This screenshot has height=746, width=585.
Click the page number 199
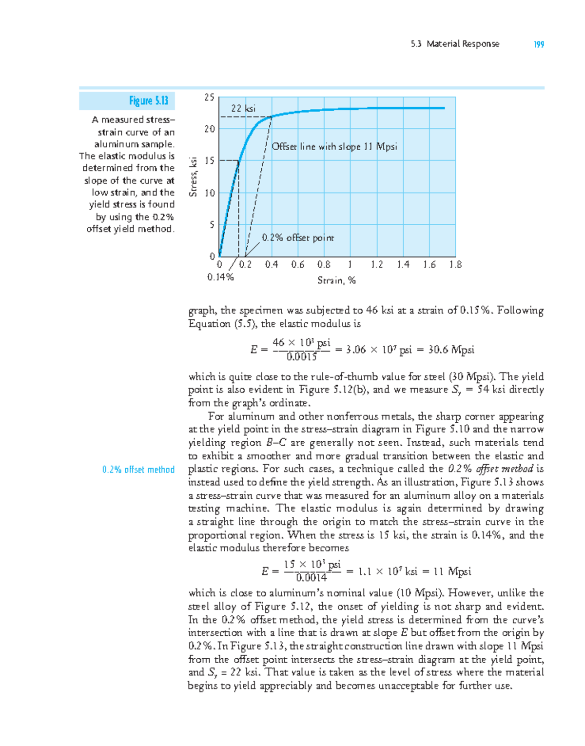(x=539, y=44)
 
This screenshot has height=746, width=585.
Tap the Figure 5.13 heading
(x=148, y=101)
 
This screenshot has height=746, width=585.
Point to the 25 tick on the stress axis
(x=209, y=98)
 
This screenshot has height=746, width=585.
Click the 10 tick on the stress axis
(x=209, y=193)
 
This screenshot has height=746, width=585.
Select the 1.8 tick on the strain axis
(x=455, y=265)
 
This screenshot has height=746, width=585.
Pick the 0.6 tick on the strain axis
(x=297, y=265)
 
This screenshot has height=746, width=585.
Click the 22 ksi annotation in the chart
(x=243, y=109)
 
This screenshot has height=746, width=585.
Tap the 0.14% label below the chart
(x=220, y=277)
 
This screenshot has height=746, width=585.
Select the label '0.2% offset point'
(x=297, y=238)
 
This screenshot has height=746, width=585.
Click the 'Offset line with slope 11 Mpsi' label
(x=334, y=147)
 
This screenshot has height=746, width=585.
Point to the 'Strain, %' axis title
(x=336, y=280)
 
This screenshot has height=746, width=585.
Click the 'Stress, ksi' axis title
(x=194, y=177)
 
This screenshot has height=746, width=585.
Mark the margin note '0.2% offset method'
(x=138, y=470)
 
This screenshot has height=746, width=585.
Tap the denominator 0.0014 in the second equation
(x=312, y=578)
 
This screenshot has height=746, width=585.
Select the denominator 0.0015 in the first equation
(x=302, y=356)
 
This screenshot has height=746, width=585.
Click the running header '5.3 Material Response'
(x=455, y=44)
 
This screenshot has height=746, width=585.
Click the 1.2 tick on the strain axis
(x=376, y=265)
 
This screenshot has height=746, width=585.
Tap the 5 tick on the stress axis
(x=212, y=225)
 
